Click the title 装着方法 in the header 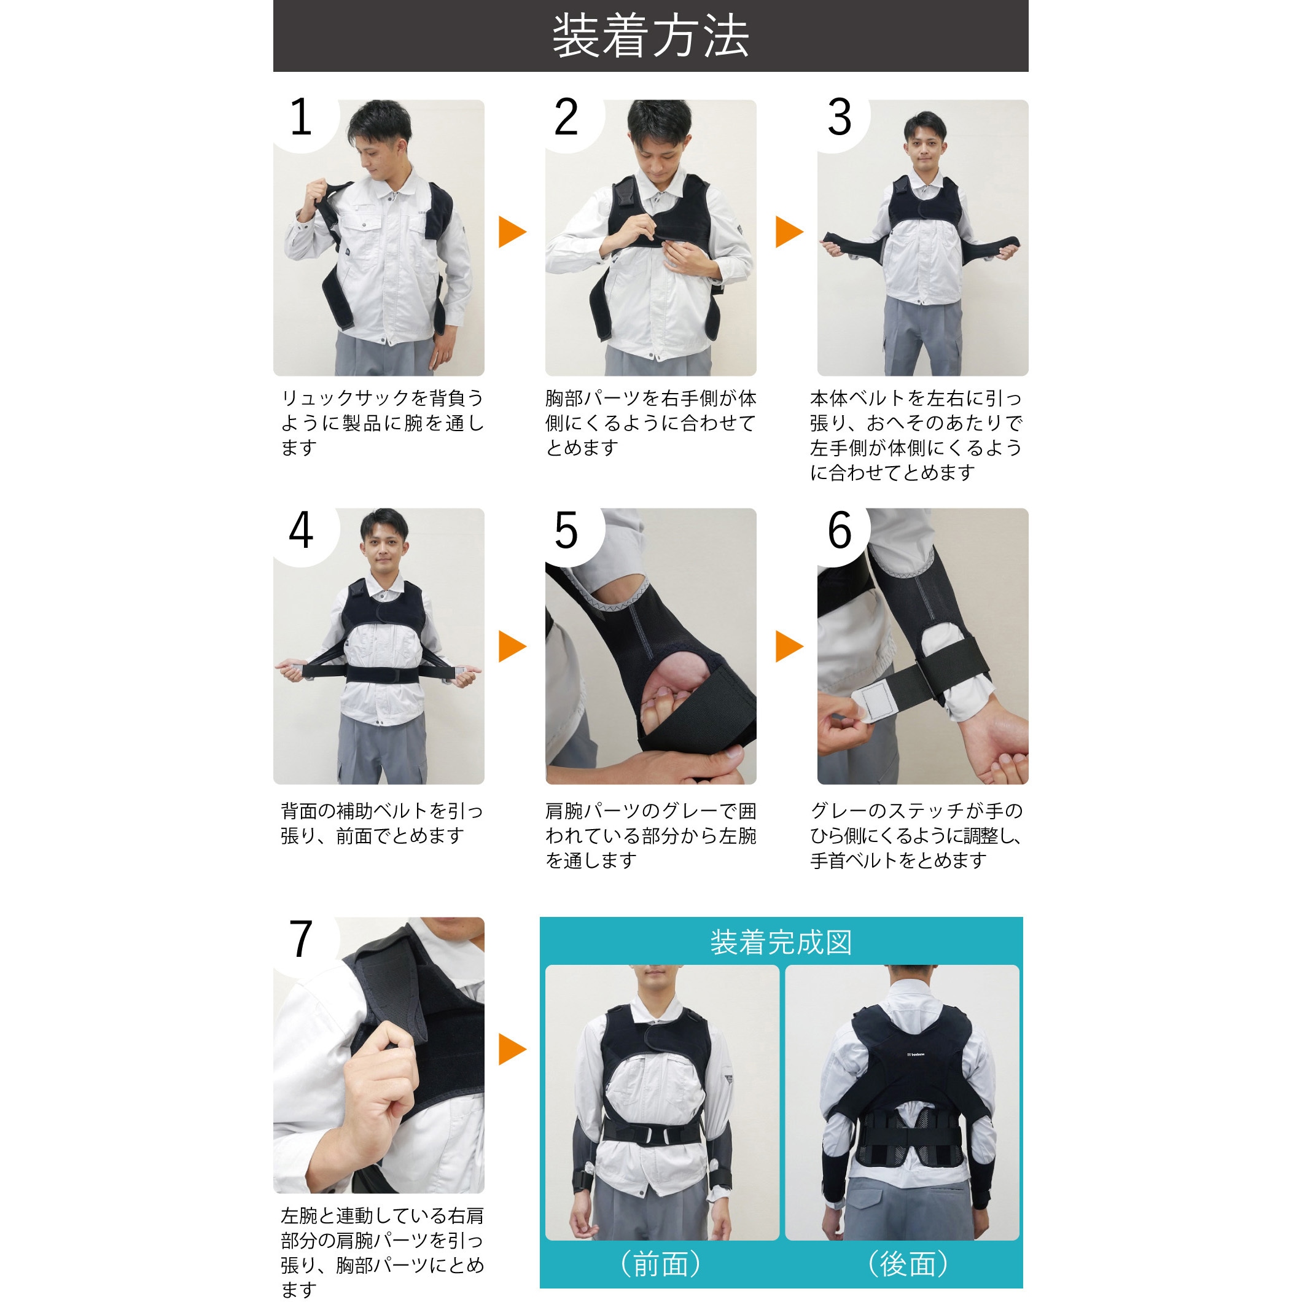coord(650,36)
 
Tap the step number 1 coord(301,117)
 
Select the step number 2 coord(566,117)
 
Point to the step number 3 coord(840,117)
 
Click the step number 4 coord(301,531)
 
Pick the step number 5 coord(566,531)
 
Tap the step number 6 coord(840,531)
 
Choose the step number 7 coord(301,939)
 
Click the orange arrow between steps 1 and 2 coord(512,232)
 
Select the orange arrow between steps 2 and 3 coord(790,232)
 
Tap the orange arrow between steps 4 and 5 coord(512,646)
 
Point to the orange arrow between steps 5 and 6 coord(790,646)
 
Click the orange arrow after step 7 coord(512,1050)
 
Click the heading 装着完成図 coord(781,942)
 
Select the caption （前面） coord(661,1265)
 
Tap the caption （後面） coord(908,1265)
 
